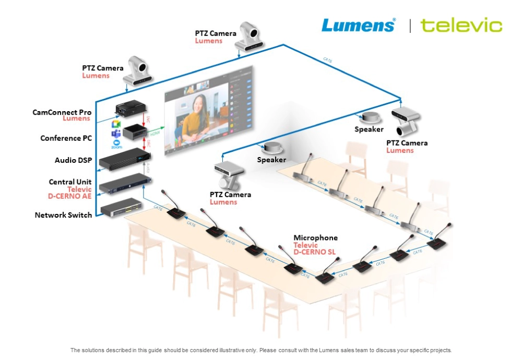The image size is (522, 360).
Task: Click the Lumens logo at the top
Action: tap(358, 25)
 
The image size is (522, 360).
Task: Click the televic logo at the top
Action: tap(461, 25)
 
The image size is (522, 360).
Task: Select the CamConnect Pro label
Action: tap(62, 112)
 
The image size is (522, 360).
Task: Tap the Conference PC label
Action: tap(66, 138)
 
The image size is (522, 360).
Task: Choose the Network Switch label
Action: tap(63, 215)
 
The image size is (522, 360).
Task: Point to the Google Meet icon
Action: tap(116, 124)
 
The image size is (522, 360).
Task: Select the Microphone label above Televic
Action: tap(315, 238)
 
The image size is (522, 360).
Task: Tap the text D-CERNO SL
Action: tap(315, 252)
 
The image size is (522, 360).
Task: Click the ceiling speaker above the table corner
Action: tap(274, 147)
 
